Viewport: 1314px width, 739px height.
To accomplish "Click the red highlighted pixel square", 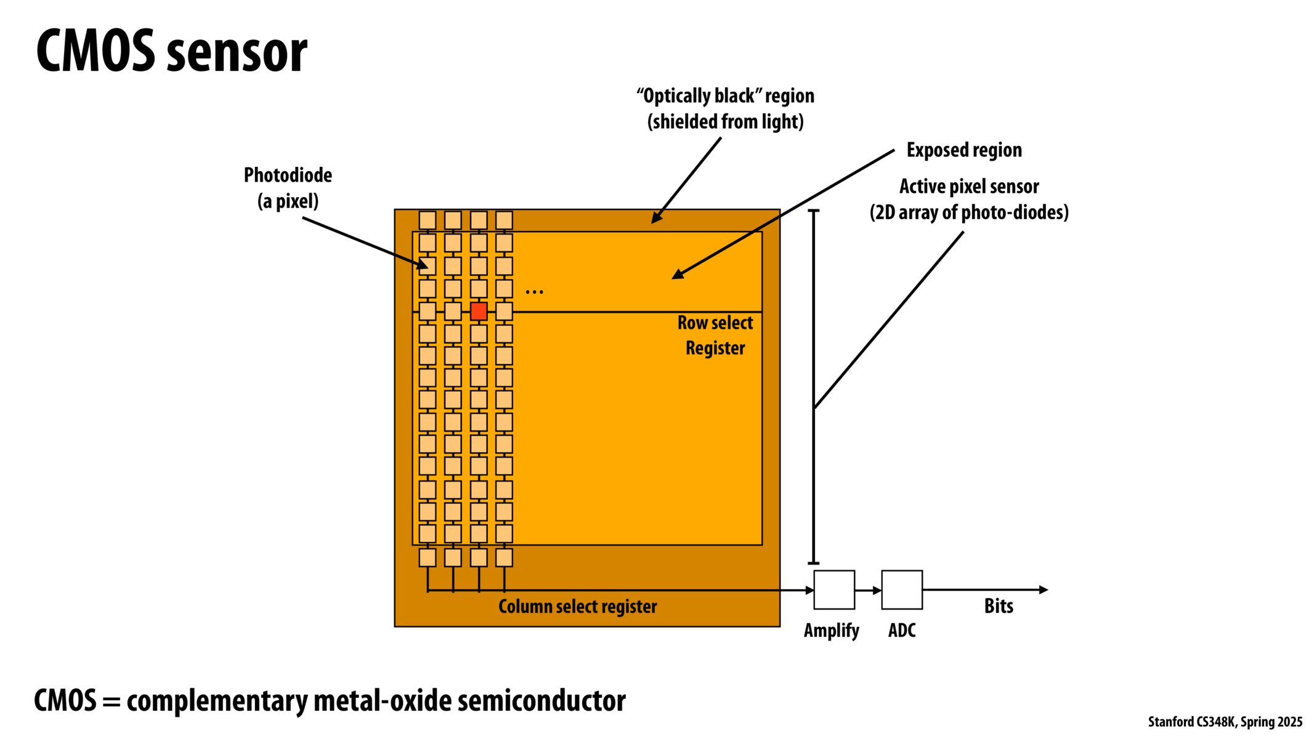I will (479, 311).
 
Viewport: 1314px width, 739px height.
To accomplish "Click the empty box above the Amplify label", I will (833, 589).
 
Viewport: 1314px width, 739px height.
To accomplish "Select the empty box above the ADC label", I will (901, 589).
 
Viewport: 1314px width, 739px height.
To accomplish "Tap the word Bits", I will (998, 606).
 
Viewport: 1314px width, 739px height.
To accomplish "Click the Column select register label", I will (577, 607).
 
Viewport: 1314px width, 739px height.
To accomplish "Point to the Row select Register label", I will (715, 335).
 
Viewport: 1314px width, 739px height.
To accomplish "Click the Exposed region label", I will (963, 150).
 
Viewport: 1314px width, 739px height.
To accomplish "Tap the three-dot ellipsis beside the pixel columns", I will (534, 291).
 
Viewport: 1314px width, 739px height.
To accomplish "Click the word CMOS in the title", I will (95, 52).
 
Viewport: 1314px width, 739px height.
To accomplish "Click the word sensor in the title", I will (237, 53).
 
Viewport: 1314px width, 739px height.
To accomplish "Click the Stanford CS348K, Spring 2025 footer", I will (1225, 722).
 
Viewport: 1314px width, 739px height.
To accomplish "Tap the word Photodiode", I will (288, 176).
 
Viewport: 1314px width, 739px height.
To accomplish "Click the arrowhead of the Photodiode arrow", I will (423, 266).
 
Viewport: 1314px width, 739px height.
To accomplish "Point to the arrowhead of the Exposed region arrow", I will (677, 275).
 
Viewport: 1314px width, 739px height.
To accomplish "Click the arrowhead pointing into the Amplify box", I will (809, 590).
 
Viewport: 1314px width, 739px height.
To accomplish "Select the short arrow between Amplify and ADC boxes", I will (868, 590).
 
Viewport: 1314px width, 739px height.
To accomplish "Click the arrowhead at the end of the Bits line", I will (1043, 589).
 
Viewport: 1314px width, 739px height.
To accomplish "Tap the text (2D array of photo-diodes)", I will (968, 212).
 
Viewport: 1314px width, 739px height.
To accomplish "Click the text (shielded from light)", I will (725, 122).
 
